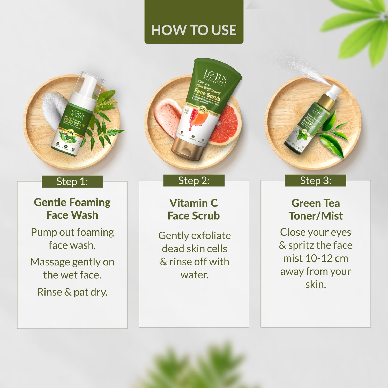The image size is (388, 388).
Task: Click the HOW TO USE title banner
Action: tap(194, 30)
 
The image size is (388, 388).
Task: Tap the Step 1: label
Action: tap(72, 182)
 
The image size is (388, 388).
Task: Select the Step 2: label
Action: tap(194, 181)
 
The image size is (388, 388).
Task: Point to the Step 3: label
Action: tap(316, 181)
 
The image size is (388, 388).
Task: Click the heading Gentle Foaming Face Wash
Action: tap(72, 208)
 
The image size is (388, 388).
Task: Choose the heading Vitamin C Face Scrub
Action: tap(194, 209)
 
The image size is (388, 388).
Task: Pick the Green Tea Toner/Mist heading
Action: tap(316, 209)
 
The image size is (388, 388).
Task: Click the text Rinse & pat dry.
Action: tap(72, 292)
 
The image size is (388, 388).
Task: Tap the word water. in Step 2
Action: tap(195, 275)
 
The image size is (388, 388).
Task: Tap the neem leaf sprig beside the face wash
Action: tap(103, 122)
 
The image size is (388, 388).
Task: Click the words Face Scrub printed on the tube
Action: tap(207, 94)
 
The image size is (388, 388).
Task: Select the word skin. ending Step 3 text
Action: tap(316, 284)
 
